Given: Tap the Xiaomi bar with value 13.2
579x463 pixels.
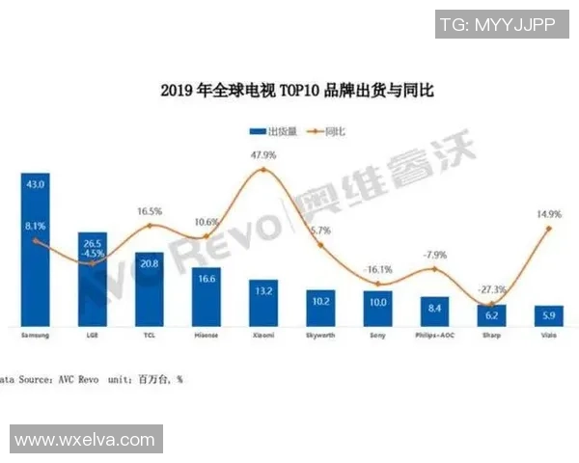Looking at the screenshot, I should pos(263,303).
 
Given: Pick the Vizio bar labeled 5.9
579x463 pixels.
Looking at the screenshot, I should pos(549,315).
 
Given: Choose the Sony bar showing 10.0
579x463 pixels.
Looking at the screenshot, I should pos(377,308).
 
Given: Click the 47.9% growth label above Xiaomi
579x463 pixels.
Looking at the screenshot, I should pos(263,154).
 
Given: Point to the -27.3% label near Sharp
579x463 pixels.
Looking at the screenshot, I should pos(491,288).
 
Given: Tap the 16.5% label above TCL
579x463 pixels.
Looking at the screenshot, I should pos(150,209).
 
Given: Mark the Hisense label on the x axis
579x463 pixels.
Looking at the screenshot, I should pos(206,337).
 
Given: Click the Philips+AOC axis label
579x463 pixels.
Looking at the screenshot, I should pos(433,337).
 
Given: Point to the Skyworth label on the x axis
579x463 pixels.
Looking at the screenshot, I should pos(319,337).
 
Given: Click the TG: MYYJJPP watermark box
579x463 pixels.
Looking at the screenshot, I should pos(498,25).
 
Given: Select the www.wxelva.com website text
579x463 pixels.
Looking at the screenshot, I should pos(85,440).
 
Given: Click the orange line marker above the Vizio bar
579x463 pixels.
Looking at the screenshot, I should pos(549,228).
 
